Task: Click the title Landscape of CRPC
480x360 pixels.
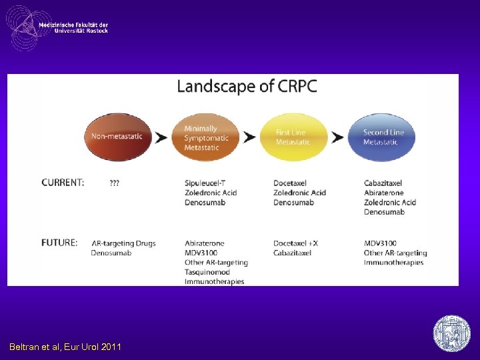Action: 247,87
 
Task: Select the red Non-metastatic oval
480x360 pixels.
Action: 118,137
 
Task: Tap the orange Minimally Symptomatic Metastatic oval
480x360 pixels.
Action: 207,137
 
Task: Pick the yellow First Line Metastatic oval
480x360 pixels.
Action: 293,137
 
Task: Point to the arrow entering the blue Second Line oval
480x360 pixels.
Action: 338,137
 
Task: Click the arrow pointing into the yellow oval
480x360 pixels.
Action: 250,137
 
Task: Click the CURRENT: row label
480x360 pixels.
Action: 63,183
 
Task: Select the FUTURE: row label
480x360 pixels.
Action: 60,243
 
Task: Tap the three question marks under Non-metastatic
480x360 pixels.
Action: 115,183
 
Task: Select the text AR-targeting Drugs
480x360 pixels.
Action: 123,243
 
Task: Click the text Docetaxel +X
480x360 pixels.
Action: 295,243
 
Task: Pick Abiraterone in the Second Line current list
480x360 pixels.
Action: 384,193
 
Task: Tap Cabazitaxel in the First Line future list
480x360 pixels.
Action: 293,253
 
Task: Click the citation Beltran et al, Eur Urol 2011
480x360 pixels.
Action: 65,347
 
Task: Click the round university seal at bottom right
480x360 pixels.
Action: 452,333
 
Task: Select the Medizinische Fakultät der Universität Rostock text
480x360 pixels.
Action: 73,27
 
